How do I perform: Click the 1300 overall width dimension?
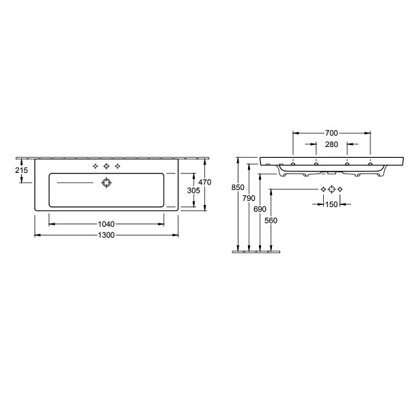(106, 235)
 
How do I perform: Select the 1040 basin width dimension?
(106, 224)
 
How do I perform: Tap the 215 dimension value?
(21, 170)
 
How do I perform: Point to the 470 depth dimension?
(205, 182)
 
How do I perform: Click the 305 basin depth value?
(193, 191)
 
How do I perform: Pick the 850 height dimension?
(238, 187)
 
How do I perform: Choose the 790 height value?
(249, 198)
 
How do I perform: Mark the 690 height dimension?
(260, 209)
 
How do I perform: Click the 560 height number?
(271, 221)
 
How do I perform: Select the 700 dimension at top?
(331, 133)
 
